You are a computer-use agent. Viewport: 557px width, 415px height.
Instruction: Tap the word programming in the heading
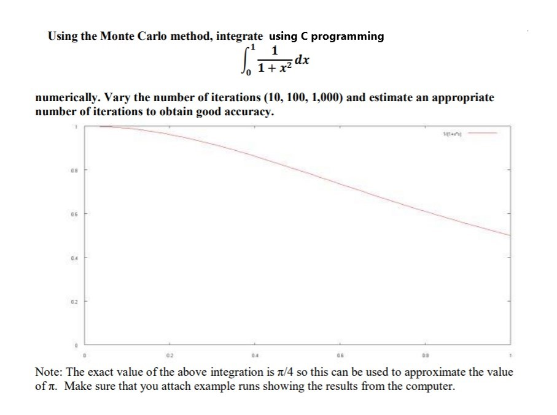click(348, 36)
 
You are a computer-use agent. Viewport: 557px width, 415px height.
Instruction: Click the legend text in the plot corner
click(453, 134)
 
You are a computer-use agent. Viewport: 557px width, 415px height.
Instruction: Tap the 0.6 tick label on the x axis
click(338, 354)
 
